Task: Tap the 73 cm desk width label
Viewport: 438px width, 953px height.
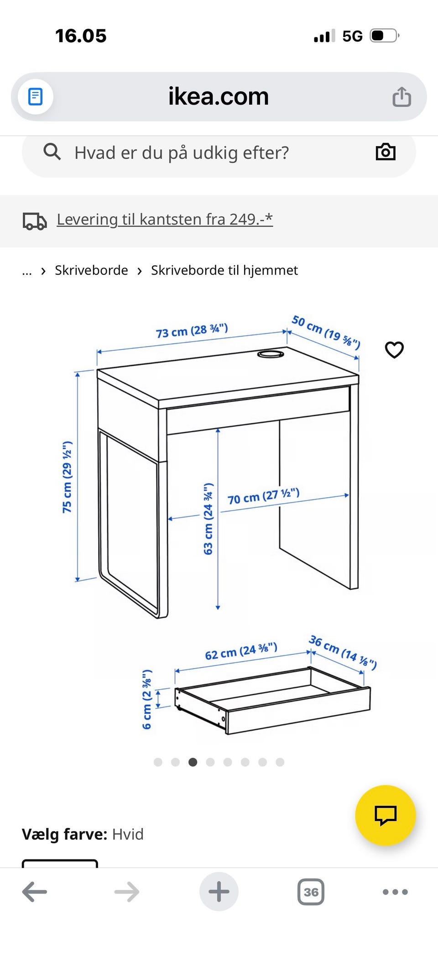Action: [x=192, y=331]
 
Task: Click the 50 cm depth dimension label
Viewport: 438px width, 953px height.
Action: [x=326, y=332]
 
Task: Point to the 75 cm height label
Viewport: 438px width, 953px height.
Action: [x=68, y=477]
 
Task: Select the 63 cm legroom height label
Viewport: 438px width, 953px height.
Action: [x=208, y=518]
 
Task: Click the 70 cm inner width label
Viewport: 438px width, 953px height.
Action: [x=263, y=496]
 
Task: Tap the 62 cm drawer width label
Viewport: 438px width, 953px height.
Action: [x=241, y=652]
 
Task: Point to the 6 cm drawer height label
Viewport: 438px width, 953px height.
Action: [x=146, y=699]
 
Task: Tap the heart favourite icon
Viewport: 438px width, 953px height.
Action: [x=394, y=350]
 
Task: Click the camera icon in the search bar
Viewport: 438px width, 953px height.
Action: [x=386, y=152]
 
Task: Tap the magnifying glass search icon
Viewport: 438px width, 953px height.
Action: [x=52, y=152]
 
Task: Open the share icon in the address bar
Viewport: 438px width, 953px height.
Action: [x=401, y=97]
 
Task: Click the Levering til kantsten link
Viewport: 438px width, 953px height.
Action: [x=165, y=219]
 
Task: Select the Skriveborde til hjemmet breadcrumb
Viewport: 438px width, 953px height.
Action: [x=224, y=270]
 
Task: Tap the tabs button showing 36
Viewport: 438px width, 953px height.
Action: [x=311, y=892]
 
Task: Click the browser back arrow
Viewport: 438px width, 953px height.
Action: [x=35, y=892]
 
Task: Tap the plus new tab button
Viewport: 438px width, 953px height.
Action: [x=219, y=892]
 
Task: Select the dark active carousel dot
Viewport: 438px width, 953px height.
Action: [x=193, y=762]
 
